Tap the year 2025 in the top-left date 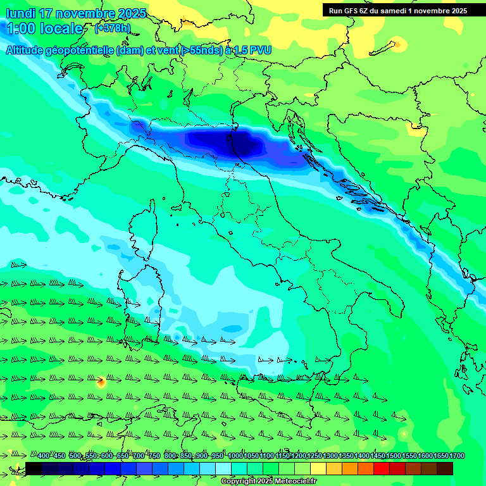pos(130,13)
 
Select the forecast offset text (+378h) pos(112,28)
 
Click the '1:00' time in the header pos(21,28)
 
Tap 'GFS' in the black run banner pos(351,10)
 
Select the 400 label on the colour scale pos(44,456)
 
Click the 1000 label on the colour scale pos(235,456)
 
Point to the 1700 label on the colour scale pos(457,456)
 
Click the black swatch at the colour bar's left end pos(34,468)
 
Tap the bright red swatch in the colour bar pos(381,468)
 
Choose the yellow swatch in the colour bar pos(318,468)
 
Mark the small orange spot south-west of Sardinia pos(101,382)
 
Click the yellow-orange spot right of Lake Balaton pos(399,44)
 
